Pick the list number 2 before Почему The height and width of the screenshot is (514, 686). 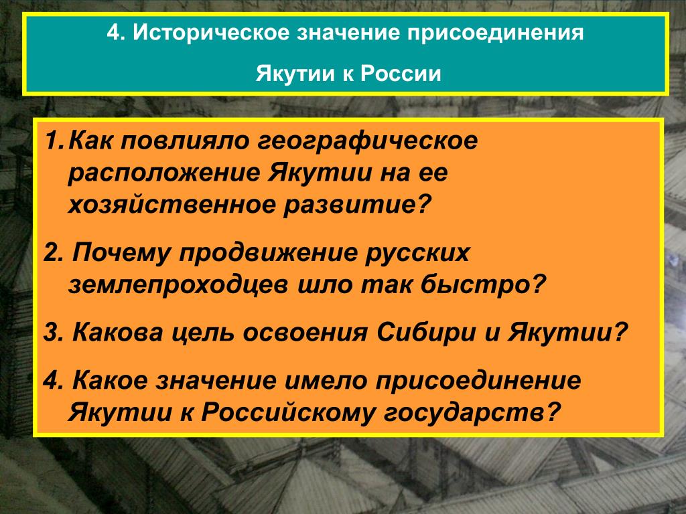pos(53,252)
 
